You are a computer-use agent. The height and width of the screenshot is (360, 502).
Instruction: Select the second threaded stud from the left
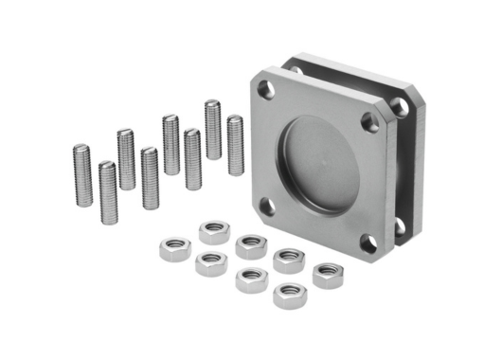[x=107, y=191]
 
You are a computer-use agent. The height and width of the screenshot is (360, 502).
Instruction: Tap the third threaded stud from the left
[x=126, y=158]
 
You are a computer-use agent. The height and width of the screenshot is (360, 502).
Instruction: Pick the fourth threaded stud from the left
[x=150, y=177]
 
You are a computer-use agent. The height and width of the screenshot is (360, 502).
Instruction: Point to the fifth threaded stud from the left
[x=170, y=144]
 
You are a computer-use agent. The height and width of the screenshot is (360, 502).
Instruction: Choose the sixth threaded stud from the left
[x=192, y=158]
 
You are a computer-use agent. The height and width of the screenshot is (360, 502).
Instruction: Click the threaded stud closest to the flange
[x=235, y=144]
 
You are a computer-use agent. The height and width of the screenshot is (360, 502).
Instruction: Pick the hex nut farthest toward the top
[x=215, y=231]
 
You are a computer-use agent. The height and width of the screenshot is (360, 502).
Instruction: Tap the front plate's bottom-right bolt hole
[x=368, y=244]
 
